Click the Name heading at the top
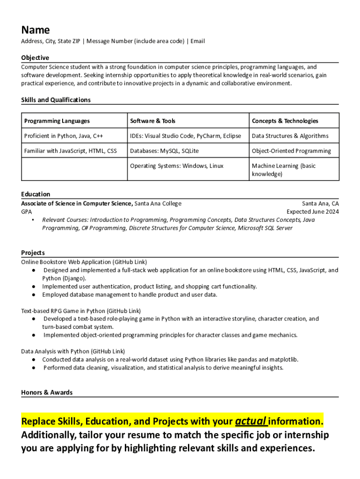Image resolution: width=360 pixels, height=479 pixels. pyautogui.click(x=35, y=30)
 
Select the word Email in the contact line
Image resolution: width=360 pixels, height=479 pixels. pyautogui.click(x=197, y=41)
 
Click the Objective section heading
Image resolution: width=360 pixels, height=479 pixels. pyautogui.click(x=35, y=58)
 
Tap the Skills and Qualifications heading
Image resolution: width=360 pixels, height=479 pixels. pyautogui.click(x=56, y=100)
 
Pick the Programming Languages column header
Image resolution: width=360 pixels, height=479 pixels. pyautogui.click(x=57, y=121)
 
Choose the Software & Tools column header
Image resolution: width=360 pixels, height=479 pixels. pyautogui.click(x=152, y=121)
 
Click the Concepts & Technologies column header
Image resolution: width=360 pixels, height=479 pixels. pyautogui.click(x=285, y=121)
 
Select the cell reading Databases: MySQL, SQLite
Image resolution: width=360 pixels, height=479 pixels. pyautogui.click(x=164, y=151)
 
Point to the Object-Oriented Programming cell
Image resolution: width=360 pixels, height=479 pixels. pyautogui.click(x=291, y=151)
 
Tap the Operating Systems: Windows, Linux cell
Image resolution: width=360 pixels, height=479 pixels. pyautogui.click(x=177, y=166)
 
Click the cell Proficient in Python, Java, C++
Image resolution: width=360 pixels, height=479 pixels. pyautogui.click(x=64, y=136)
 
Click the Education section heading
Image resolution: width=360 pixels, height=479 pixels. pyautogui.click(x=36, y=194)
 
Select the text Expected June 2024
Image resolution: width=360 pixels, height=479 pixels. pyautogui.click(x=313, y=211)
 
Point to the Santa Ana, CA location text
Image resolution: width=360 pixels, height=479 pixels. pyautogui.click(x=320, y=203)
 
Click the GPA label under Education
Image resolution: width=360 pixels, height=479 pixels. pyautogui.click(x=27, y=211)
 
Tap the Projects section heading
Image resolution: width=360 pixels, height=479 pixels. pyautogui.click(x=33, y=253)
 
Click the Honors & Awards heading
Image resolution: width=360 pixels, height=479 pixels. pyautogui.click(x=47, y=392)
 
